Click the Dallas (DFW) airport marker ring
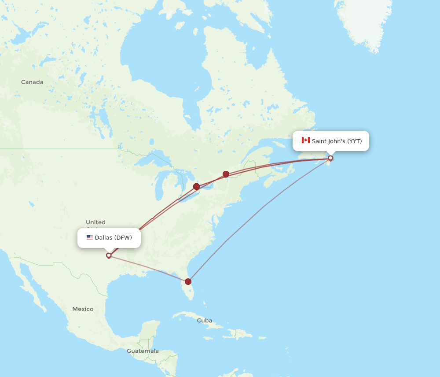(109, 255)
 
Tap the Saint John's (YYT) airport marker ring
(330, 158)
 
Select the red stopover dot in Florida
(188, 281)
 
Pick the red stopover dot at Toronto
(196, 186)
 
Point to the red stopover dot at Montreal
(226, 174)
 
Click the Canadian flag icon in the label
(305, 140)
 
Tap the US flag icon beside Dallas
(90, 237)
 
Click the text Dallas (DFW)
(113, 238)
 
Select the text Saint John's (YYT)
(337, 141)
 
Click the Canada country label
(32, 82)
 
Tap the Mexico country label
(83, 309)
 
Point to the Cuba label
(205, 320)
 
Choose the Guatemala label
(143, 351)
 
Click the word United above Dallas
(95, 222)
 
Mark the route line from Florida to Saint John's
(263, 207)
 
